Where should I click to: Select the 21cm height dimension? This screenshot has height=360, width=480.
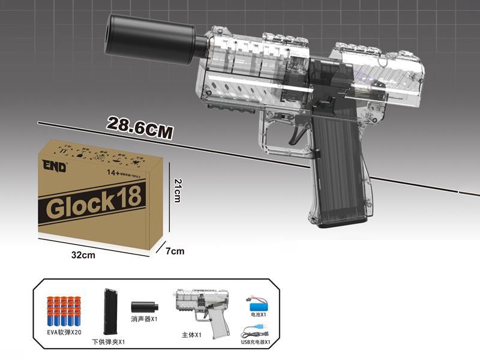pos(176,190)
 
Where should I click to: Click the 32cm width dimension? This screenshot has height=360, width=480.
pos(83,254)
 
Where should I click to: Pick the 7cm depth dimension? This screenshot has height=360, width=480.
pos(175,251)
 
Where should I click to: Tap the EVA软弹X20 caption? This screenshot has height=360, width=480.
pos(65,331)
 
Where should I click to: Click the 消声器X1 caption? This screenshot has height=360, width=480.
pos(144,319)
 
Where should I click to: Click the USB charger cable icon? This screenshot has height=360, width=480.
pos(255,331)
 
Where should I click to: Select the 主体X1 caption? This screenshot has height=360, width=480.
pos(193,337)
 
